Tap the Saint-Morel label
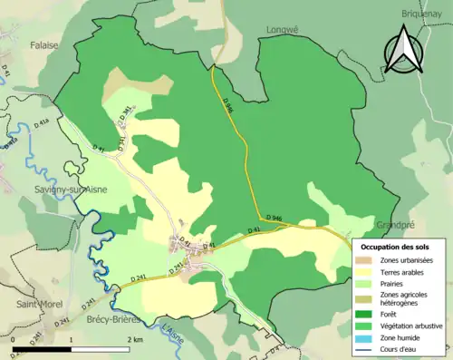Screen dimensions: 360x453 (x=38, y=305)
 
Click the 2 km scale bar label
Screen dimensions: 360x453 (x=135, y=339)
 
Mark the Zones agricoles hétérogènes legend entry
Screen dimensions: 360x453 (x=403, y=297)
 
